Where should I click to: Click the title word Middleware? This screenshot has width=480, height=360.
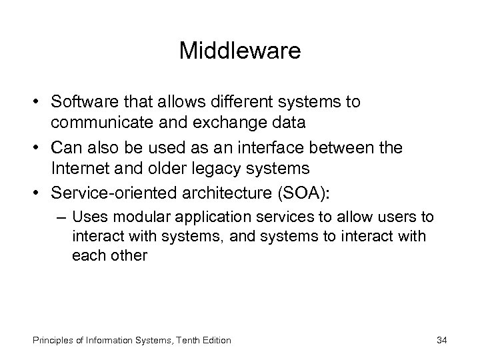tap(239, 51)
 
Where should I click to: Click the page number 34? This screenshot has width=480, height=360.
tap(441, 340)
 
